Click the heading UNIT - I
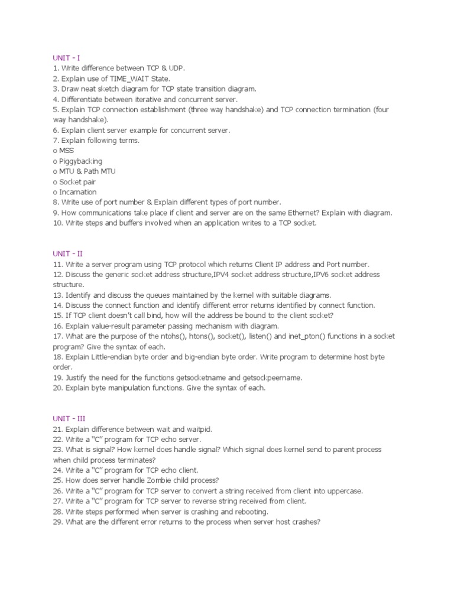click(x=66, y=58)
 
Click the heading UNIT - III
click(x=69, y=419)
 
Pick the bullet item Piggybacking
click(x=80, y=161)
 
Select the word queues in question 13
click(x=152, y=295)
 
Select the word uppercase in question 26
click(x=344, y=491)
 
